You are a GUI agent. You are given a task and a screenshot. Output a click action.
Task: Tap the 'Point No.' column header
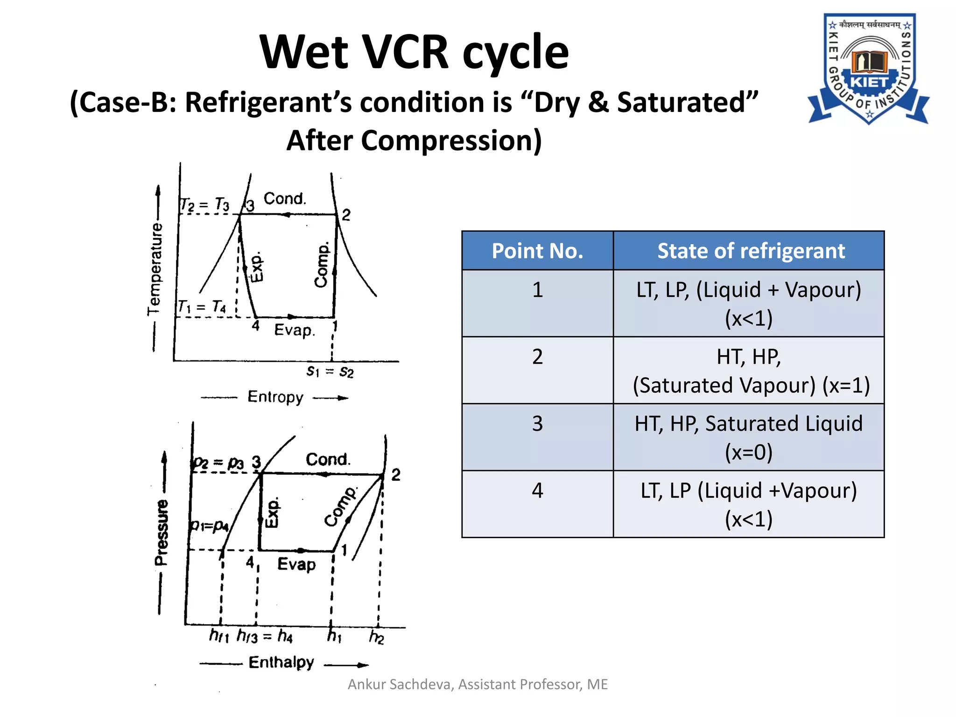click(537, 251)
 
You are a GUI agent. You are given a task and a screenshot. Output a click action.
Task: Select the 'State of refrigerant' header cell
click(751, 251)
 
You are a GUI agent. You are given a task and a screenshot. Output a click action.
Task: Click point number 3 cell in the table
click(537, 423)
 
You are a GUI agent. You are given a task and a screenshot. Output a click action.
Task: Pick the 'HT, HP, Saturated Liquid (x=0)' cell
click(748, 437)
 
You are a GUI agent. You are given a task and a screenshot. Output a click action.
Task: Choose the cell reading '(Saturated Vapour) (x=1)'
click(751, 385)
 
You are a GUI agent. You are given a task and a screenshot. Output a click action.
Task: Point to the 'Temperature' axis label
click(155, 268)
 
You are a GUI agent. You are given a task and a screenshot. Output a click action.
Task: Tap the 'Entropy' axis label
click(275, 397)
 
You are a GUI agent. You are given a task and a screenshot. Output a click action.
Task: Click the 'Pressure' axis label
click(162, 532)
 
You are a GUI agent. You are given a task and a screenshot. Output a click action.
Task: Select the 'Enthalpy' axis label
click(281, 662)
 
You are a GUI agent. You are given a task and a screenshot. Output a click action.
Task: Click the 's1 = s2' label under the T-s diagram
click(330, 372)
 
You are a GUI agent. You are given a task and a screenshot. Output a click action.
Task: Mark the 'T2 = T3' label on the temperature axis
click(204, 204)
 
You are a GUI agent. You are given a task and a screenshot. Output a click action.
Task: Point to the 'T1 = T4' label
click(202, 307)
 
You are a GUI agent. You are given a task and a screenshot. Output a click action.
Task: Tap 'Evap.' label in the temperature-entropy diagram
click(295, 330)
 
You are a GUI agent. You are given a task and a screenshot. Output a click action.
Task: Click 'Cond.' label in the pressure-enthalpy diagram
click(328, 459)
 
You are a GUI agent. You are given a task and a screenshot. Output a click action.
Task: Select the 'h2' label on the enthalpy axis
click(376, 636)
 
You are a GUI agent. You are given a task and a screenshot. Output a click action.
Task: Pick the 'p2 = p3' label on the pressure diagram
click(218, 463)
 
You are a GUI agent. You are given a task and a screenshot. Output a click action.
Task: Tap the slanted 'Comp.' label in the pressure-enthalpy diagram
click(340, 507)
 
